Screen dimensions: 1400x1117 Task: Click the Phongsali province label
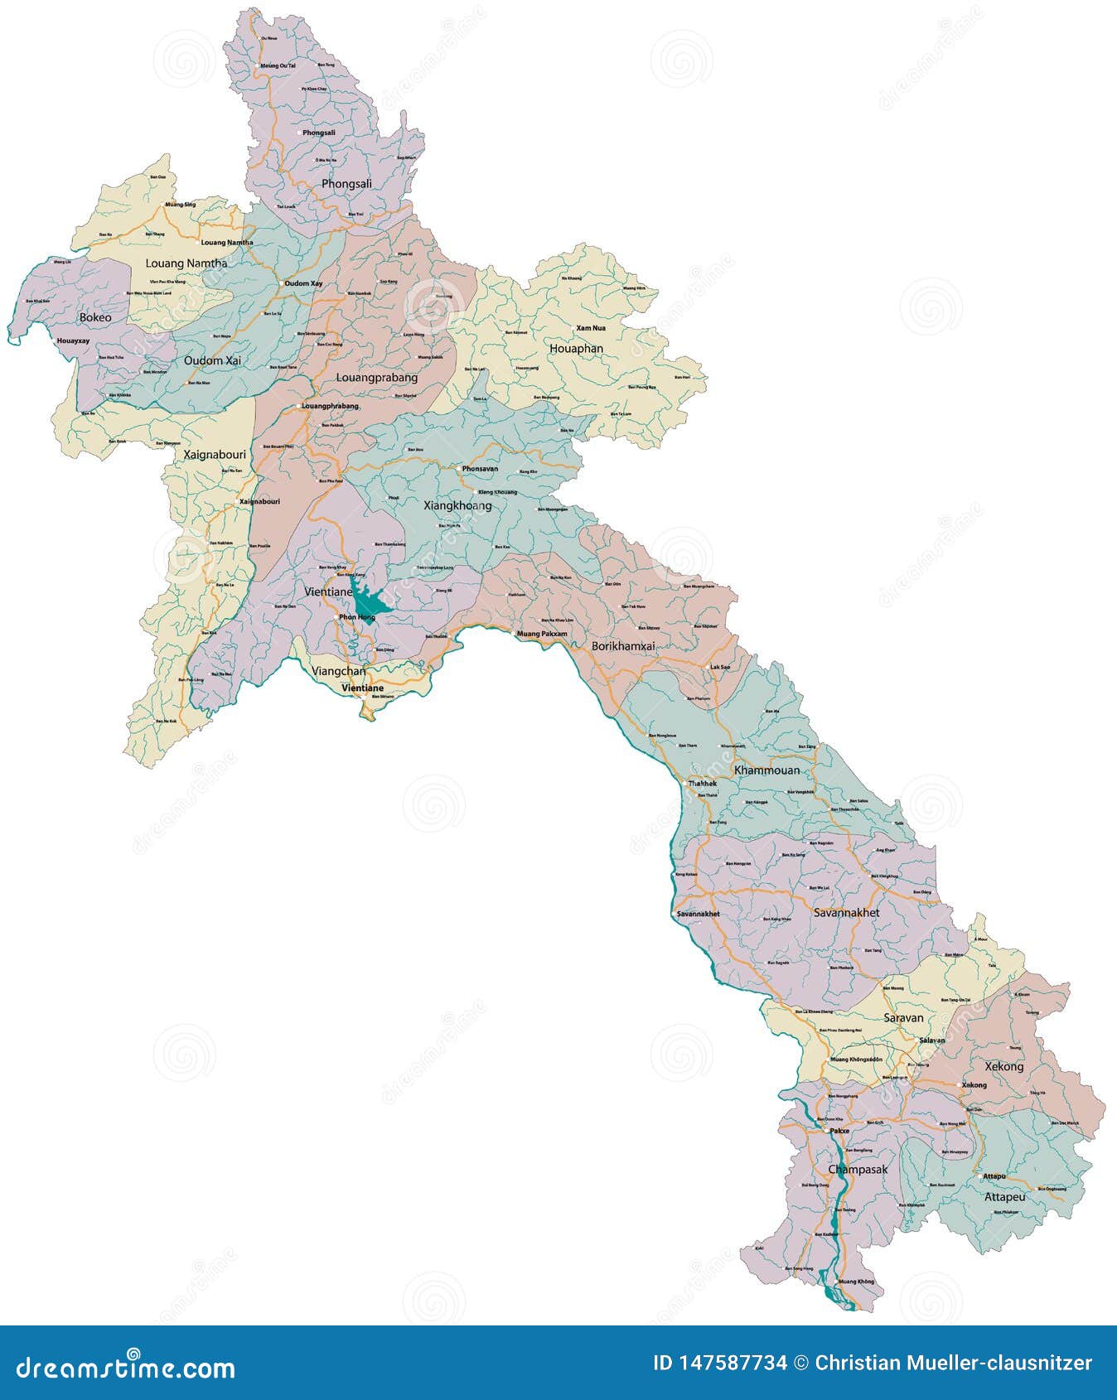346,183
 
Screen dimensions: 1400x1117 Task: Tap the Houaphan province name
576,349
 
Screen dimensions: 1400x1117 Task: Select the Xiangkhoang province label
457,505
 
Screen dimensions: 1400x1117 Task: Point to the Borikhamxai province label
623,645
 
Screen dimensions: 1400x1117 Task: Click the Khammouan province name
767,770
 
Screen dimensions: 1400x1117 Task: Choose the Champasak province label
858,1170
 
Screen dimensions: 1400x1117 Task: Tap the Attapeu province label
1004,1197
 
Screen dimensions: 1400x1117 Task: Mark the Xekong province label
1003,1067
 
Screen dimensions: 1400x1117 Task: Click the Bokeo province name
95,317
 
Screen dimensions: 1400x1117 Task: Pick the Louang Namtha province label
186,263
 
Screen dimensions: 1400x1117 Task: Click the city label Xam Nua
591,328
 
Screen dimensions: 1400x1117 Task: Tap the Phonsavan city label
480,469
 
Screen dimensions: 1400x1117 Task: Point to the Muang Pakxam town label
542,634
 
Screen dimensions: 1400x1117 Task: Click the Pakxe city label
839,1130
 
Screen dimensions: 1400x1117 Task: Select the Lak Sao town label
720,667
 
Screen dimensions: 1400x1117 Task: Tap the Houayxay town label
73,340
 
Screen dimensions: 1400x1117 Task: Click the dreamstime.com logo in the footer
126,1366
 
